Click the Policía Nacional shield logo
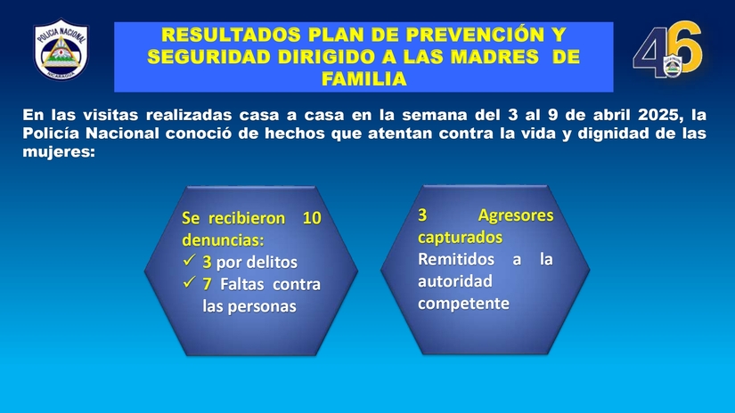coord(61,50)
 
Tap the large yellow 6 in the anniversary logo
coord(684,47)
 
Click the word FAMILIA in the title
coord(363,78)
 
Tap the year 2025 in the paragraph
coord(657,115)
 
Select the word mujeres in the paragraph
coord(59,152)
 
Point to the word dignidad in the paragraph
coord(613,134)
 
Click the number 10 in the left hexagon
coord(312,218)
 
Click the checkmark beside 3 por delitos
coord(189,260)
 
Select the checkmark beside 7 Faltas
coord(189,282)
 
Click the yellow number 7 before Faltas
coord(207,284)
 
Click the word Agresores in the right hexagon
coord(516,215)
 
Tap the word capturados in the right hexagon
coord(460,238)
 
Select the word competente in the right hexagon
coord(463,304)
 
